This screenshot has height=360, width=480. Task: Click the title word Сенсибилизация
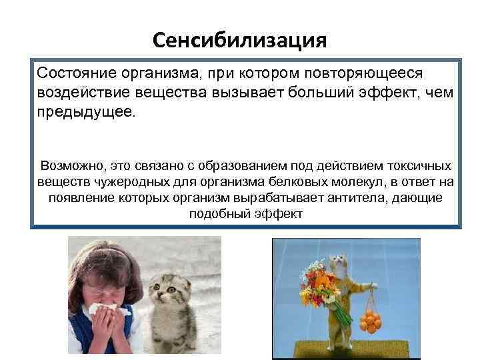239,41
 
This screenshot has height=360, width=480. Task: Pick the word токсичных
418,165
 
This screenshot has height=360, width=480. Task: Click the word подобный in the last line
211,214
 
